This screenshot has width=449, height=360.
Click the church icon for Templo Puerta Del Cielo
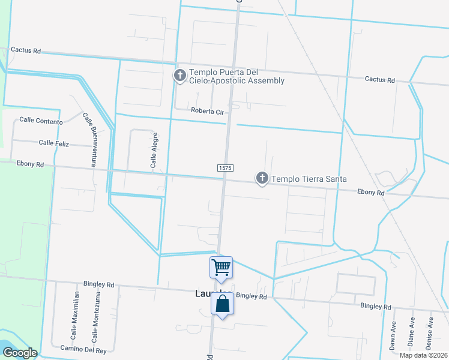click(x=179, y=76)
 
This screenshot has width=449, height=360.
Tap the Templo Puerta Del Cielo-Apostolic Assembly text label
click(x=237, y=76)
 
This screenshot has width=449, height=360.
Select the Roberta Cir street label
click(x=206, y=110)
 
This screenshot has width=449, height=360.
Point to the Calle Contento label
click(x=41, y=121)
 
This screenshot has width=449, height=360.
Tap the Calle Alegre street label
click(x=154, y=150)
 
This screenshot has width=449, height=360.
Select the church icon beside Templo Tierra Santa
click(x=262, y=178)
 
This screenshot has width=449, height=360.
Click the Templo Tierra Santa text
click(x=309, y=179)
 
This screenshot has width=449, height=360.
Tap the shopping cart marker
click(x=221, y=267)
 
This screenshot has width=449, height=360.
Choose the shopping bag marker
click(x=222, y=304)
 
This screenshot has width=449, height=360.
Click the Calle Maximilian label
click(x=76, y=316)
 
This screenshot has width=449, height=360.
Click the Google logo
click(x=19, y=353)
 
